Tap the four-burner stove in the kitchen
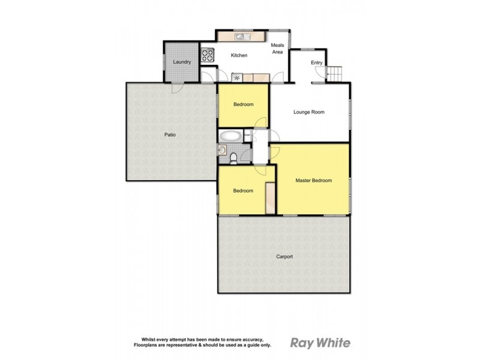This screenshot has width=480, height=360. click(x=208, y=56)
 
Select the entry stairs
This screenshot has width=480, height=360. click(x=334, y=74)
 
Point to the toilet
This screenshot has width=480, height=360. click(x=233, y=158)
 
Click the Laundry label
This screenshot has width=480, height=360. click(x=181, y=62)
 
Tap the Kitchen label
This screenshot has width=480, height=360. click(x=239, y=56)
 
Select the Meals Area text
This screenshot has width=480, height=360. click(x=277, y=49)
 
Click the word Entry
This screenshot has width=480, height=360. click(x=316, y=62)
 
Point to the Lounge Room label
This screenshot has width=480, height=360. click(x=308, y=112)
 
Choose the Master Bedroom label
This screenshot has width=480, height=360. click(x=313, y=180)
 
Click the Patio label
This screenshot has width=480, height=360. click(x=170, y=134)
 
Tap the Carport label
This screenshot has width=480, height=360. click(x=284, y=257)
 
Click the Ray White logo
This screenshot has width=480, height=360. click(x=320, y=343)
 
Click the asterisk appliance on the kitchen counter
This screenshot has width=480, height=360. click(x=238, y=77)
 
